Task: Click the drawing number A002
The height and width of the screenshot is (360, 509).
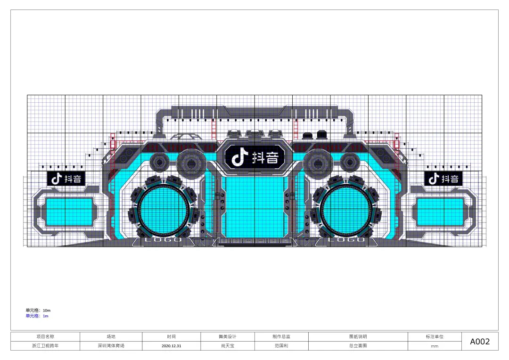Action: click(x=479, y=342)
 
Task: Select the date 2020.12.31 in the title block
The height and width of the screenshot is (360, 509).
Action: click(x=172, y=346)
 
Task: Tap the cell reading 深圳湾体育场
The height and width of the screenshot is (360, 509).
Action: click(x=111, y=346)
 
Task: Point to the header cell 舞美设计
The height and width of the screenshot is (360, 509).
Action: click(x=228, y=336)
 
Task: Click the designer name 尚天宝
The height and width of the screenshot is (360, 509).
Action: click(x=228, y=346)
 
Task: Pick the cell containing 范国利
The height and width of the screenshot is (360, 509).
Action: click(x=281, y=346)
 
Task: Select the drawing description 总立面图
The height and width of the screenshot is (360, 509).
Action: click(x=358, y=346)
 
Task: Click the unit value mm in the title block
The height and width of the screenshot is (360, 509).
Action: click(x=435, y=346)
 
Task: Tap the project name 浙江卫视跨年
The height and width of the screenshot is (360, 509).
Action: click(x=45, y=346)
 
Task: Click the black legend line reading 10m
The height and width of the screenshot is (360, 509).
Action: click(x=38, y=311)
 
